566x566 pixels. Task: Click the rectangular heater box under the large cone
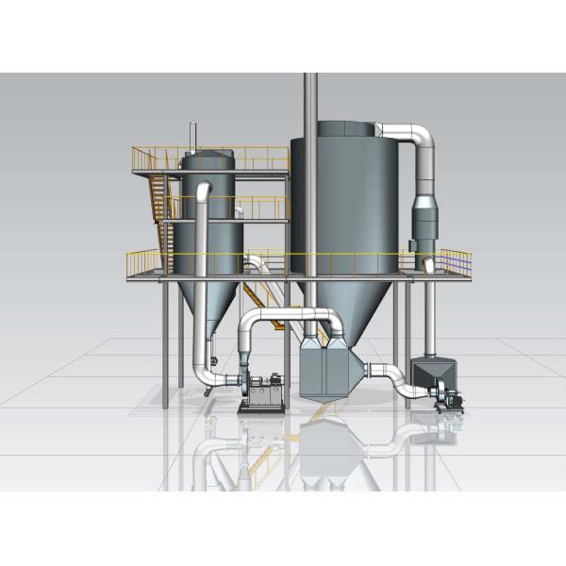point(325,374)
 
